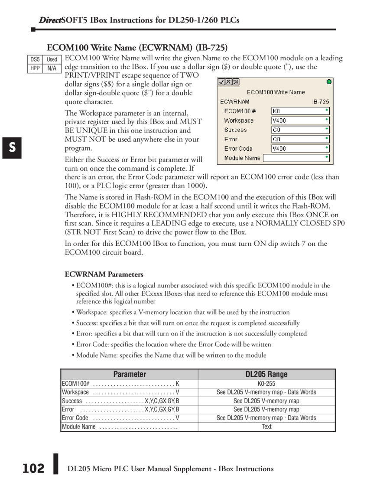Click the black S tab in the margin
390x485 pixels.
(x=13, y=148)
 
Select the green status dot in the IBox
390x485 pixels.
(x=329, y=81)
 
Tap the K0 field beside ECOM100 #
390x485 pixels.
(x=300, y=111)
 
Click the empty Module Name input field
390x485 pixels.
(x=296, y=158)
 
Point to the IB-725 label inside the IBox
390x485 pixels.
(x=320, y=102)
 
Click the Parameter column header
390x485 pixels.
(x=130, y=374)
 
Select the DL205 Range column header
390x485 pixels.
(x=266, y=374)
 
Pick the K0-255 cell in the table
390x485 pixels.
(x=266, y=384)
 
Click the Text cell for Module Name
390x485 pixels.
(x=266, y=426)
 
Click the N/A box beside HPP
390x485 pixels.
(x=52, y=68)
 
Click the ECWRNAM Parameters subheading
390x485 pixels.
(x=104, y=274)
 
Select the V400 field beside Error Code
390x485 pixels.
(x=300, y=149)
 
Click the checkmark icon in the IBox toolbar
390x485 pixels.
(x=221, y=82)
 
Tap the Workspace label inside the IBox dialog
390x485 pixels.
(x=239, y=120)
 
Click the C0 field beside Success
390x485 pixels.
(x=300, y=130)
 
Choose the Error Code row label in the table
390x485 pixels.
(x=75, y=418)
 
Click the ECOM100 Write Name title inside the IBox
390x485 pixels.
(x=276, y=92)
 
